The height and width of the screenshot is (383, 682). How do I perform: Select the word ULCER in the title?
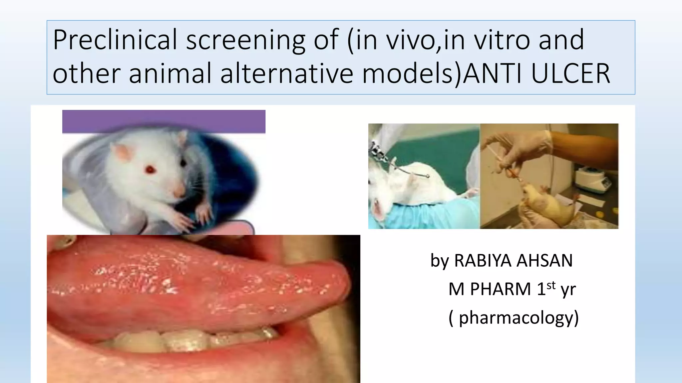pyautogui.click(x=570, y=73)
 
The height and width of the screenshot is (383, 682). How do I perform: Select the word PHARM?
pyautogui.click(x=500, y=289)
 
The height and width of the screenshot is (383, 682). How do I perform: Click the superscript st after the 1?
pyautogui.click(x=551, y=285)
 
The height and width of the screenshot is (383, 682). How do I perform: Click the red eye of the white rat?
pyautogui.click(x=151, y=170)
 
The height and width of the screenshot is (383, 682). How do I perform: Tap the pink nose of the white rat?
pyautogui.click(x=179, y=192)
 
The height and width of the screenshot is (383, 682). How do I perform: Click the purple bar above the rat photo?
pyautogui.click(x=164, y=121)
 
